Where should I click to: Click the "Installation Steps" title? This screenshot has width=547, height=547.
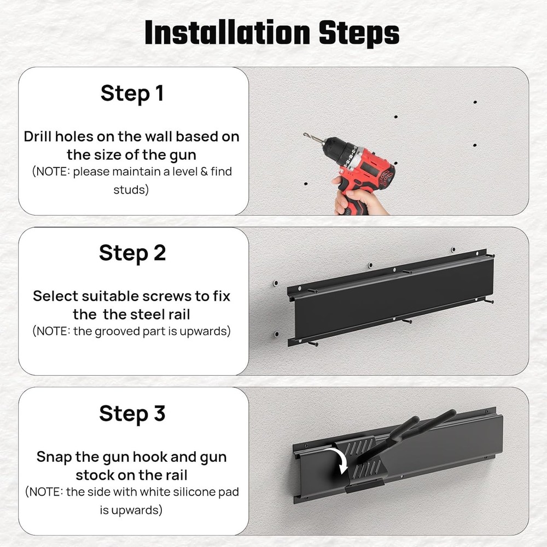click(x=272, y=33)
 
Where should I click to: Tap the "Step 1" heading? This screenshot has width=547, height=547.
click(x=132, y=94)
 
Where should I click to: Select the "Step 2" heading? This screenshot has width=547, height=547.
click(x=132, y=253)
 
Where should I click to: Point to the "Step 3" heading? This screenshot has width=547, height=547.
click(x=132, y=414)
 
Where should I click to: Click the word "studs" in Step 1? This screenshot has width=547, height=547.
click(x=131, y=190)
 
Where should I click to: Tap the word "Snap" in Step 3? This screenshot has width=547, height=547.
click(x=54, y=456)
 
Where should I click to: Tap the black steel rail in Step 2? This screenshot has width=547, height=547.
click(x=391, y=298)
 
